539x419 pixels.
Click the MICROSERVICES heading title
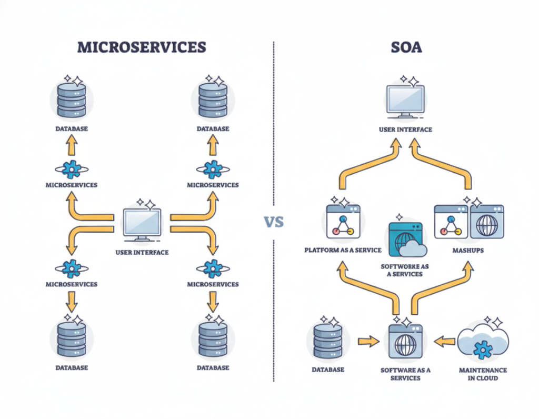click(142, 47)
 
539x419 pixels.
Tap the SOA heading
click(406, 47)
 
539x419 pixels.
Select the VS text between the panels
click(274, 222)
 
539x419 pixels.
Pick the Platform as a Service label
click(342, 250)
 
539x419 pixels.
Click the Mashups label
click(468, 250)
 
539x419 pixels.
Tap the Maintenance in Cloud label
click(483, 374)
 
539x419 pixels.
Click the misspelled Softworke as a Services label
click(405, 270)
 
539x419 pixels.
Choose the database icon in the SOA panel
click(328, 342)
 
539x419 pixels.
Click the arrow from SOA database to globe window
click(368, 342)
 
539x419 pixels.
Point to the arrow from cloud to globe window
click(444, 342)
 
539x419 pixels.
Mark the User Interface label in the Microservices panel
click(142, 252)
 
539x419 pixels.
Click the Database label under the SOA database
click(328, 370)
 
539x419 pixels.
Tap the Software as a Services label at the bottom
click(405, 374)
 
